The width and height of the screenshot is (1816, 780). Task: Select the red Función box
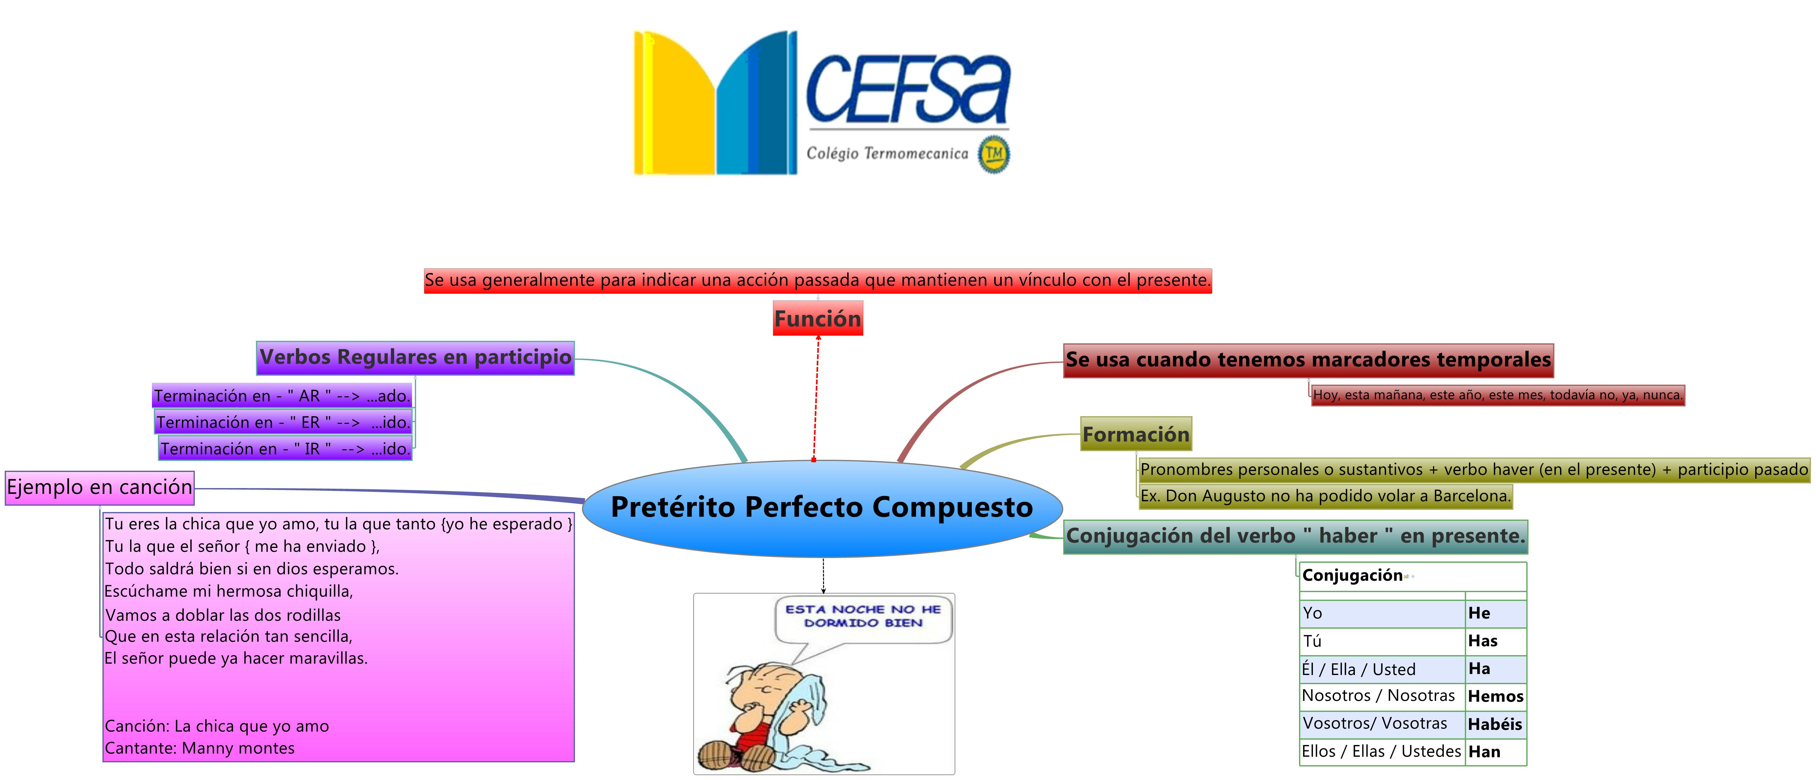818,319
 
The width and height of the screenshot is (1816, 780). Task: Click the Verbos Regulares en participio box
415,358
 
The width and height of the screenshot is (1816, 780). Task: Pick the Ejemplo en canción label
99,487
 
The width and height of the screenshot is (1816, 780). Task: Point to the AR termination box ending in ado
282,396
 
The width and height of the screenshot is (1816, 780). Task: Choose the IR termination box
286,449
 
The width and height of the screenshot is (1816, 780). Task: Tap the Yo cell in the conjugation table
1382,613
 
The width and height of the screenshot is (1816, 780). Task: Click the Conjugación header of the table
1352,575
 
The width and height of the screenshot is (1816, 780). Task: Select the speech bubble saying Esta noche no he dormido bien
863,616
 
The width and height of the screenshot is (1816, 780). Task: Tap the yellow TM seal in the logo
994,154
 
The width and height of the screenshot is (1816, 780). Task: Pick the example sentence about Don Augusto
1325,496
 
